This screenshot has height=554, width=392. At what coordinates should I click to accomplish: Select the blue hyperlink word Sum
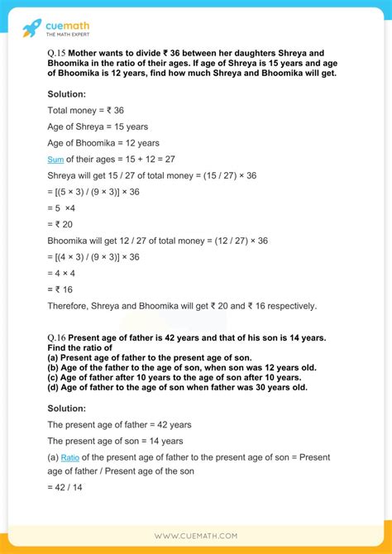[x=55, y=159]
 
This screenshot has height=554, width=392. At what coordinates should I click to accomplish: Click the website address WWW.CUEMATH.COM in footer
[x=196, y=536]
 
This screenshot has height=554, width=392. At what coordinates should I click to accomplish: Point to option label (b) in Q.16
[x=54, y=367]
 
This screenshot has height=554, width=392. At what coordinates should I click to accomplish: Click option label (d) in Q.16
[x=54, y=387]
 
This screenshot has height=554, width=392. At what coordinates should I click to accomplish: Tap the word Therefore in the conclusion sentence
[x=72, y=305]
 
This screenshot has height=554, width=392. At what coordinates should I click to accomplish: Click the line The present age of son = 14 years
[x=115, y=441]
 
